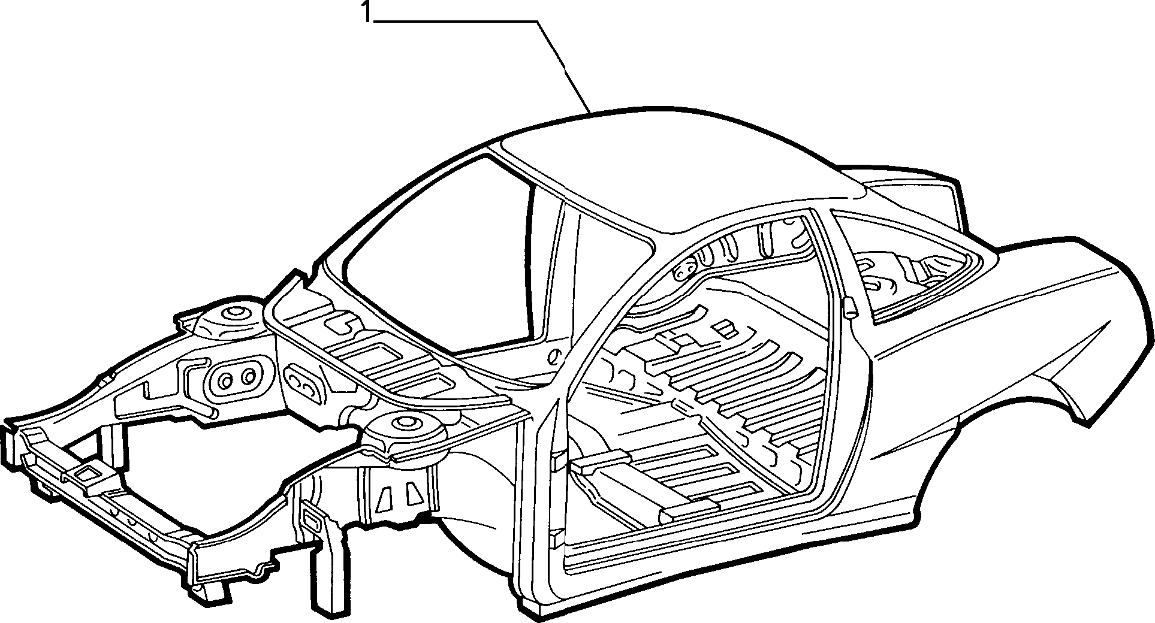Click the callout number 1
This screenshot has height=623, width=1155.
pyautogui.click(x=366, y=11)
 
